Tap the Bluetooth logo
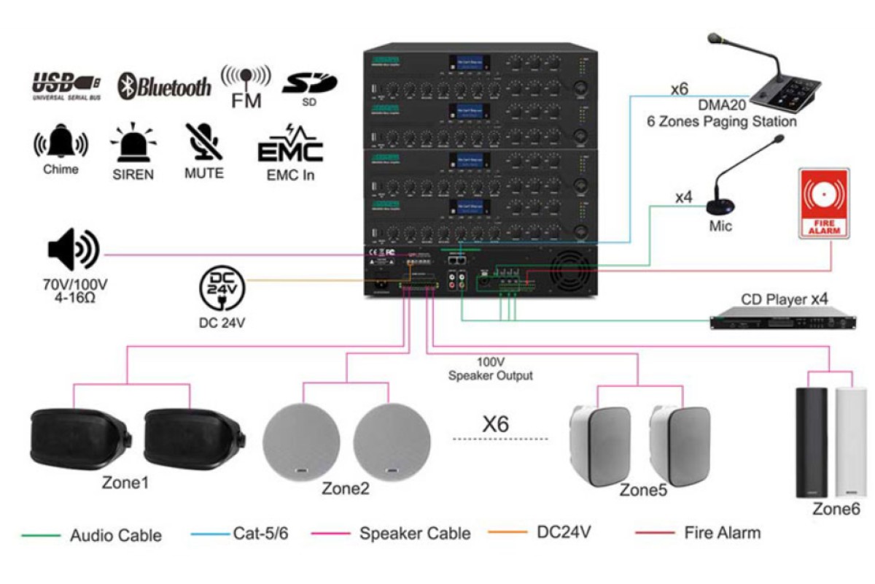tap(165, 86)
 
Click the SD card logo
tap(309, 85)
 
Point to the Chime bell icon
tap(61, 142)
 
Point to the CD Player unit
tap(783, 319)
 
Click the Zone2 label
tap(346, 488)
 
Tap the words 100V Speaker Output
tap(490, 369)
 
